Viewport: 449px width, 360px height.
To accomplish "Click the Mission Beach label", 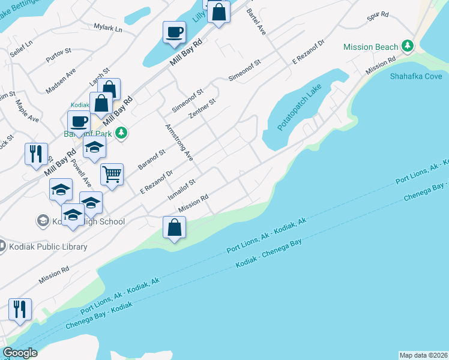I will (370, 47).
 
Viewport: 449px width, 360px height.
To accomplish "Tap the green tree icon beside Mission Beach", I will (408, 46).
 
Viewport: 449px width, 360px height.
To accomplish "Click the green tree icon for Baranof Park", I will (121, 133).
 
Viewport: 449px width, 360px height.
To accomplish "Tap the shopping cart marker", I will (112, 175).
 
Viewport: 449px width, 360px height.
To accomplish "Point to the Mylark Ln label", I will (108, 28).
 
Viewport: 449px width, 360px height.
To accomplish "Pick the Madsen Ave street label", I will (62, 80).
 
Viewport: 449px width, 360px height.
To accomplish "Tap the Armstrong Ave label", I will (178, 142).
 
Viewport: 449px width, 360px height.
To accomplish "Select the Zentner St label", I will (201, 109).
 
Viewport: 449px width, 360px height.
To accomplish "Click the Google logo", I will (20, 353).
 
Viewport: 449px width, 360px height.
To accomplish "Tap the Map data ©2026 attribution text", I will (423, 355).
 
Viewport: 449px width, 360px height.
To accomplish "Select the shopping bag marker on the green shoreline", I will (174, 228).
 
